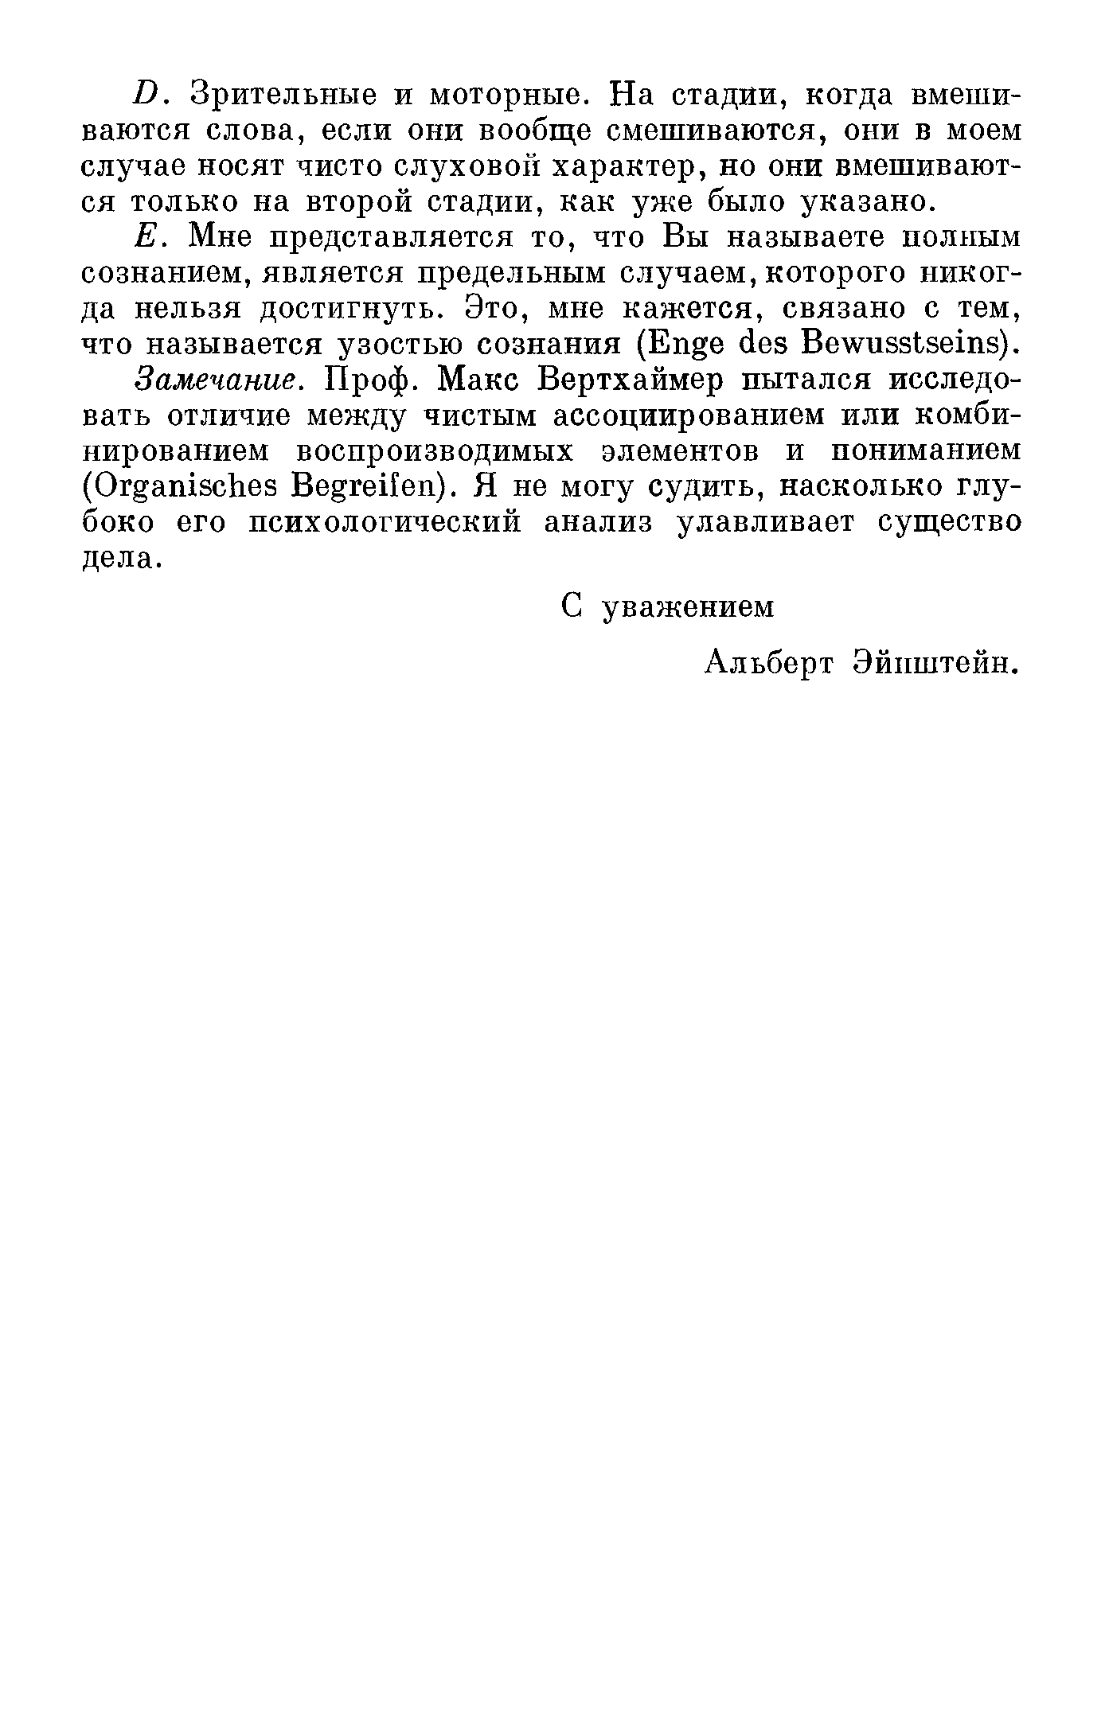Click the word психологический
coord(385,523)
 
